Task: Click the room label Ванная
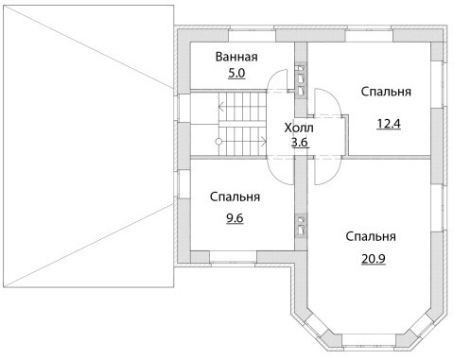coord(236,57)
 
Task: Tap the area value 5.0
coord(236,74)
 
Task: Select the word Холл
coord(299,129)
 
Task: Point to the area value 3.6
coord(299,143)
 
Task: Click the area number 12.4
coord(389,124)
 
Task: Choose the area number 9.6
coord(235,217)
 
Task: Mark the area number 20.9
coord(374,259)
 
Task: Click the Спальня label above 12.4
coord(386,92)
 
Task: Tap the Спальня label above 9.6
coord(235,197)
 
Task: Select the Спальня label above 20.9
coord(371,236)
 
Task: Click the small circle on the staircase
coord(218,142)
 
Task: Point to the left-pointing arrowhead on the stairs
coord(220,107)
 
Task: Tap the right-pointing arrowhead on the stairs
coord(264,142)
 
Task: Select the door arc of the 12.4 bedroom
coord(334,97)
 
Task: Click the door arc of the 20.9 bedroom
coord(335,176)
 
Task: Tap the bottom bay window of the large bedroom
coord(369,339)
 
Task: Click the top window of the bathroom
coord(252,35)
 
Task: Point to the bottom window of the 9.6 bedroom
coord(233,257)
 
